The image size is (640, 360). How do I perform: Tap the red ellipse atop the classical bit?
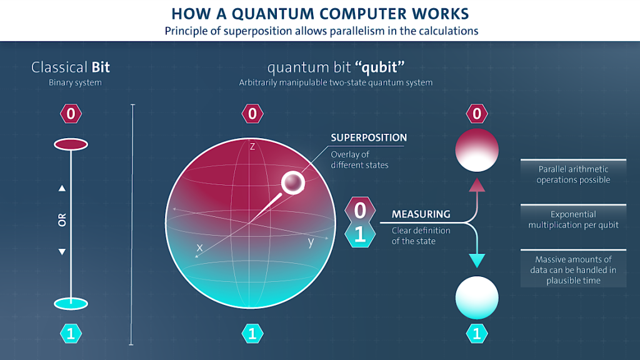71,144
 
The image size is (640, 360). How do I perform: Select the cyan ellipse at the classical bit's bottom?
71,304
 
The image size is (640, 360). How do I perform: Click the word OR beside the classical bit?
62,220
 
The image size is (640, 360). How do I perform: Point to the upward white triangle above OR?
62,188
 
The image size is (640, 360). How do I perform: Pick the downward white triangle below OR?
62,252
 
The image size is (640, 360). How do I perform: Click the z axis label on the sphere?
252,146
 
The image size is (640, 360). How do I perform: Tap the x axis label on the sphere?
199,247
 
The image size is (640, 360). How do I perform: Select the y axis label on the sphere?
311,242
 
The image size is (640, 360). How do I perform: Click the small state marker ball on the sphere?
293,183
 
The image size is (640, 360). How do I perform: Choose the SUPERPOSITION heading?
369,137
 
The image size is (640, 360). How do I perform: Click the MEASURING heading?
421,214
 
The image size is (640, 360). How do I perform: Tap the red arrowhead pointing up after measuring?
477,185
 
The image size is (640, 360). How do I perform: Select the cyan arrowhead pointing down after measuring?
477,261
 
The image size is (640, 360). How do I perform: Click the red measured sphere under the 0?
477,150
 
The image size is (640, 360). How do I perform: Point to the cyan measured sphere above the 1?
477,298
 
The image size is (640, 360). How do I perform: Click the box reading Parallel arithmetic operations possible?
573,174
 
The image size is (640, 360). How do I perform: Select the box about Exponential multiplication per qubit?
573,219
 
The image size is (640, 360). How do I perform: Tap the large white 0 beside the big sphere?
360,211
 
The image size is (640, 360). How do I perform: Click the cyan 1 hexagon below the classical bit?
71,334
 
